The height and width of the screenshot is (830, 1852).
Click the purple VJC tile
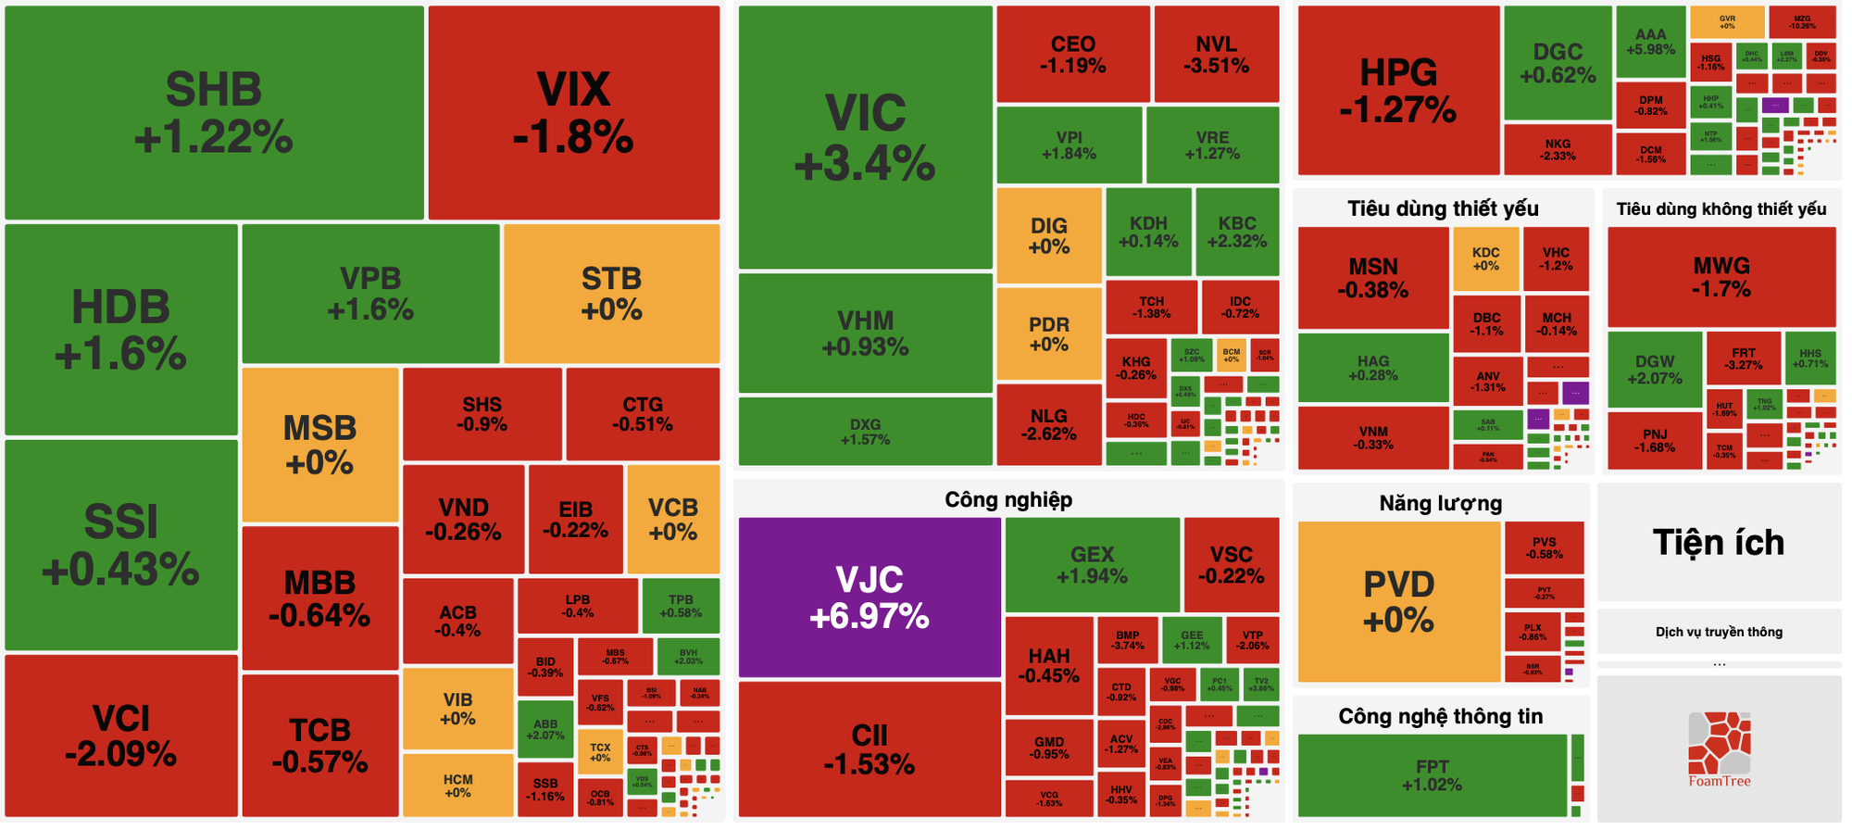pyautogui.click(x=869, y=597)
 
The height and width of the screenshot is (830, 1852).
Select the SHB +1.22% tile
pyautogui.click(x=214, y=113)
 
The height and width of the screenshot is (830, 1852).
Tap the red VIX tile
pyautogui.click(x=573, y=113)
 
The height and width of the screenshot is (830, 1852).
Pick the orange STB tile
pyautogui.click(x=611, y=293)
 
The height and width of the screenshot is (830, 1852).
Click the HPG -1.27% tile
pyautogui.click(x=1397, y=91)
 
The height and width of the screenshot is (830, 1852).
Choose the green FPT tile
pyautogui.click(x=1432, y=775)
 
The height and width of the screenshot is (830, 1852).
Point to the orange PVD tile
pyautogui.click(x=1398, y=601)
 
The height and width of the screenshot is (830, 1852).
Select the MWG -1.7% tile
pyautogui.click(x=1721, y=277)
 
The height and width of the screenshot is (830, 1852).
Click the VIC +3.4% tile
pyautogui.click(x=865, y=138)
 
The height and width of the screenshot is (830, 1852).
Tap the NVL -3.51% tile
pyautogui.click(x=1216, y=55)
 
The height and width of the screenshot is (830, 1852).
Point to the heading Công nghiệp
pyautogui.click(x=1008, y=500)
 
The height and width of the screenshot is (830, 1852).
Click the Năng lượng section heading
pyautogui.click(x=1440, y=504)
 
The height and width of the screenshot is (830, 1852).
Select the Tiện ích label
pyautogui.click(x=1719, y=543)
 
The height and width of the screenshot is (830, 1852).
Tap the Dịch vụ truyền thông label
pyautogui.click(x=1719, y=632)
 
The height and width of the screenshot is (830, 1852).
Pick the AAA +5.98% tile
pyautogui.click(x=1650, y=42)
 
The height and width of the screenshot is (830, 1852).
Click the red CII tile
pyautogui.click(x=869, y=748)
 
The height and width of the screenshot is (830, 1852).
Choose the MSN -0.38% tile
pyautogui.click(x=1372, y=278)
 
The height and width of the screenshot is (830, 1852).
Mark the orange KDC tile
pyautogui.click(x=1485, y=258)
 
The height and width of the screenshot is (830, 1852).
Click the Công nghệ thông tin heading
pyautogui.click(x=1440, y=716)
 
